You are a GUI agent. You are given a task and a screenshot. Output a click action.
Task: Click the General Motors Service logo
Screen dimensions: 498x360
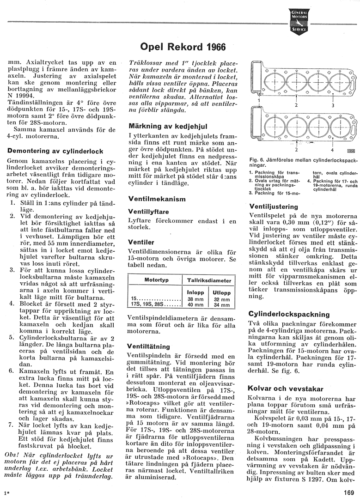[299, 22]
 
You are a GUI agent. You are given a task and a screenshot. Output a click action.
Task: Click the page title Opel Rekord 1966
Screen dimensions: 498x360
[177, 47]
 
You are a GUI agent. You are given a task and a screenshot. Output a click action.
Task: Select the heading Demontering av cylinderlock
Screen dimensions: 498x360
[55, 151]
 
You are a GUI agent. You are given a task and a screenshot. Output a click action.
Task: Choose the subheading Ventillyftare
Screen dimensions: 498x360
[148, 211]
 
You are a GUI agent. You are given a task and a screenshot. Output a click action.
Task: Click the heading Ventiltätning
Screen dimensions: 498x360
[149, 346]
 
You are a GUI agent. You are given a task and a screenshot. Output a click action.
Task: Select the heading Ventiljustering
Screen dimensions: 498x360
[274, 206]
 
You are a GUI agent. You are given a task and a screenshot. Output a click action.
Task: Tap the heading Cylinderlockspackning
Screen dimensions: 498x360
[289, 314]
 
